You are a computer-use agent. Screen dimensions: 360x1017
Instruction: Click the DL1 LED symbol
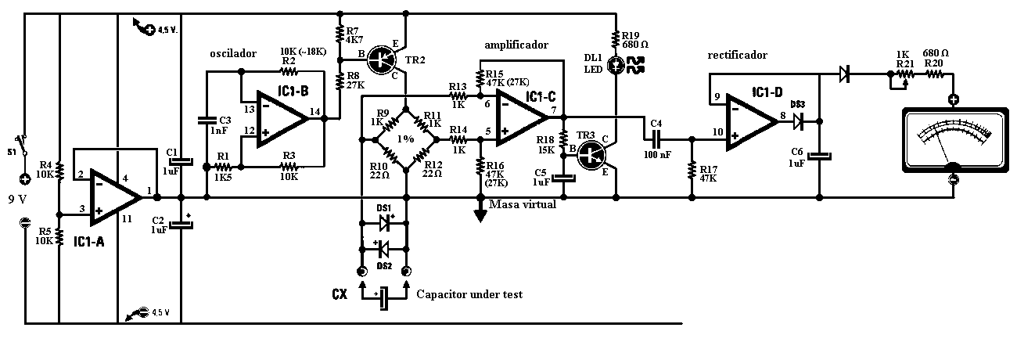pos(617,67)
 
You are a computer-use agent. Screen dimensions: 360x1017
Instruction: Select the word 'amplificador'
pos(516,45)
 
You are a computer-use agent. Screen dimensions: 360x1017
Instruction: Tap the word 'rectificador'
pos(737,55)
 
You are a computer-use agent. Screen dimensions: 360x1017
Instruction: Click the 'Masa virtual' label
pos(522,204)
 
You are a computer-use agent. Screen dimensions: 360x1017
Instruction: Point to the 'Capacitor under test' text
pos(469,294)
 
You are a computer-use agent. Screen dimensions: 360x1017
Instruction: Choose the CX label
pos(339,295)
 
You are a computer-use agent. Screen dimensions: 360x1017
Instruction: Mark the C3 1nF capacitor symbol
pos(206,121)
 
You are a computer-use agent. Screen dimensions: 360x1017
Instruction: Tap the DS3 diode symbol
pos(797,121)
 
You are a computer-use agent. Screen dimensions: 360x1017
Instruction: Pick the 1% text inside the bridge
pos(405,139)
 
